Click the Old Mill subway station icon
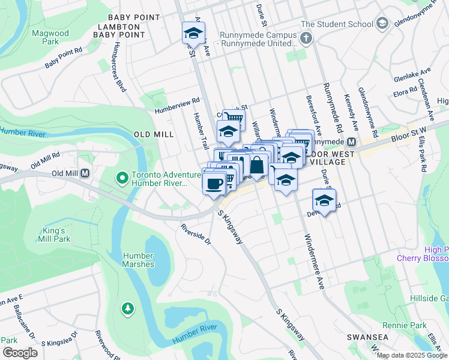[x=85, y=173]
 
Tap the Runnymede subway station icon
[x=352, y=142]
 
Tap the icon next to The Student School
[x=382, y=24]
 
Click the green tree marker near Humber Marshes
[x=127, y=308]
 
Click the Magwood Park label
[x=50, y=37]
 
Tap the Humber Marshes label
[x=139, y=260]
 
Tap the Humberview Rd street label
[x=176, y=106]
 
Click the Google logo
[x=20, y=352]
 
